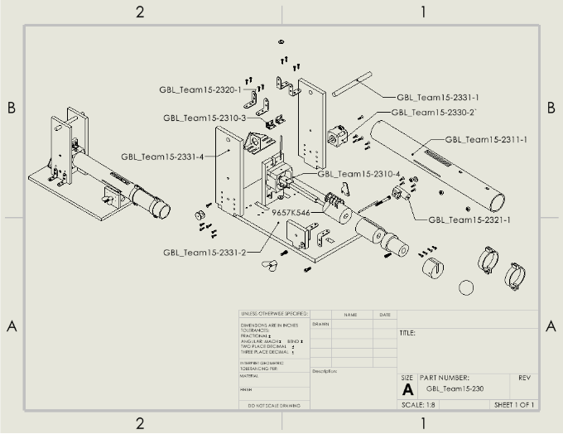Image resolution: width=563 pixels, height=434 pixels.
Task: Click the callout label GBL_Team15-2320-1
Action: [201, 89]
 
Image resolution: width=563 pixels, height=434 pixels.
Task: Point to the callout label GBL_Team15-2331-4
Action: [162, 156]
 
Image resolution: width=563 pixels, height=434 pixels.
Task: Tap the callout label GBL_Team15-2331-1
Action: [438, 98]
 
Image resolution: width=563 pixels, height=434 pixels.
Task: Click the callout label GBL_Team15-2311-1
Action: [486, 140]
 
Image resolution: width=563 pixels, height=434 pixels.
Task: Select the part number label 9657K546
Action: [291, 213]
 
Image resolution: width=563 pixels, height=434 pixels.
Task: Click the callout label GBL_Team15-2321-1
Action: [469, 219]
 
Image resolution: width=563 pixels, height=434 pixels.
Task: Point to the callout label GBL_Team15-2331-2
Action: [205, 253]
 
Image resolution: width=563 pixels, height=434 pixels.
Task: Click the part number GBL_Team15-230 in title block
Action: [455, 388]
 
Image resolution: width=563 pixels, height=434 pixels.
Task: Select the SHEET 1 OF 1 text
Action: [513, 405]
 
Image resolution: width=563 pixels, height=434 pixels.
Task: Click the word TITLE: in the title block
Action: [407, 333]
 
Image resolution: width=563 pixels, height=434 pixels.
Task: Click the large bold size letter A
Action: [407, 389]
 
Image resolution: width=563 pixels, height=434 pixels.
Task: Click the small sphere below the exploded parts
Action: [466, 287]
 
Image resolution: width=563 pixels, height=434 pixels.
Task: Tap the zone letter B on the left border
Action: [12, 108]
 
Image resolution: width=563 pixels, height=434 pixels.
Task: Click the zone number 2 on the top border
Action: [140, 12]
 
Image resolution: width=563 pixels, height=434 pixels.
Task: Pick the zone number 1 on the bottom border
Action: [423, 423]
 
